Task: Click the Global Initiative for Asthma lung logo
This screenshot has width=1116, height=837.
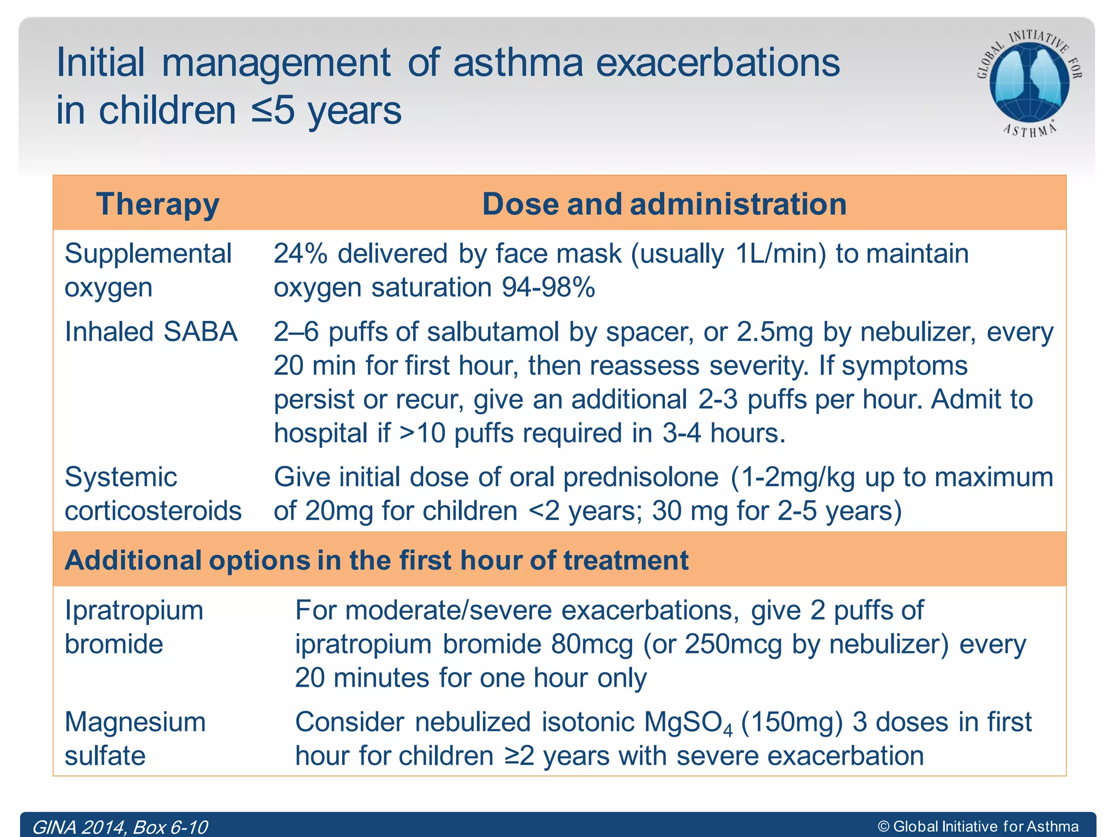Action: click(x=1029, y=82)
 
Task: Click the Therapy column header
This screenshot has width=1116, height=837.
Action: click(x=157, y=204)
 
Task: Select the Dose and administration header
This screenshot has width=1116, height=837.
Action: click(x=664, y=204)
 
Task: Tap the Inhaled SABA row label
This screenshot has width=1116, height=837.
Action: click(x=151, y=332)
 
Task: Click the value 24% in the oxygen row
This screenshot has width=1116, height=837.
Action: click(x=300, y=254)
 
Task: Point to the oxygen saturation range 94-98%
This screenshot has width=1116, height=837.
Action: click(x=548, y=288)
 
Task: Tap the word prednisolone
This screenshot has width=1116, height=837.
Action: click(x=641, y=477)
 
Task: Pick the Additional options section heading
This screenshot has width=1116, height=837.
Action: click(x=376, y=560)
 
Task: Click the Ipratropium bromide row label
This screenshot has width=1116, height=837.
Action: click(x=134, y=627)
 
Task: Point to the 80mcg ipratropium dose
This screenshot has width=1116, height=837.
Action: click(x=592, y=645)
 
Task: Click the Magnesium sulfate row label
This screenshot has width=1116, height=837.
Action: click(x=135, y=739)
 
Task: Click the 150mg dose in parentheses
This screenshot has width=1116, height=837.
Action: click(x=792, y=723)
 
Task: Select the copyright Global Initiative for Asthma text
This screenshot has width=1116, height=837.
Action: click(x=978, y=827)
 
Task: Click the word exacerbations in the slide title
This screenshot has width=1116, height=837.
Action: click(x=718, y=63)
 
